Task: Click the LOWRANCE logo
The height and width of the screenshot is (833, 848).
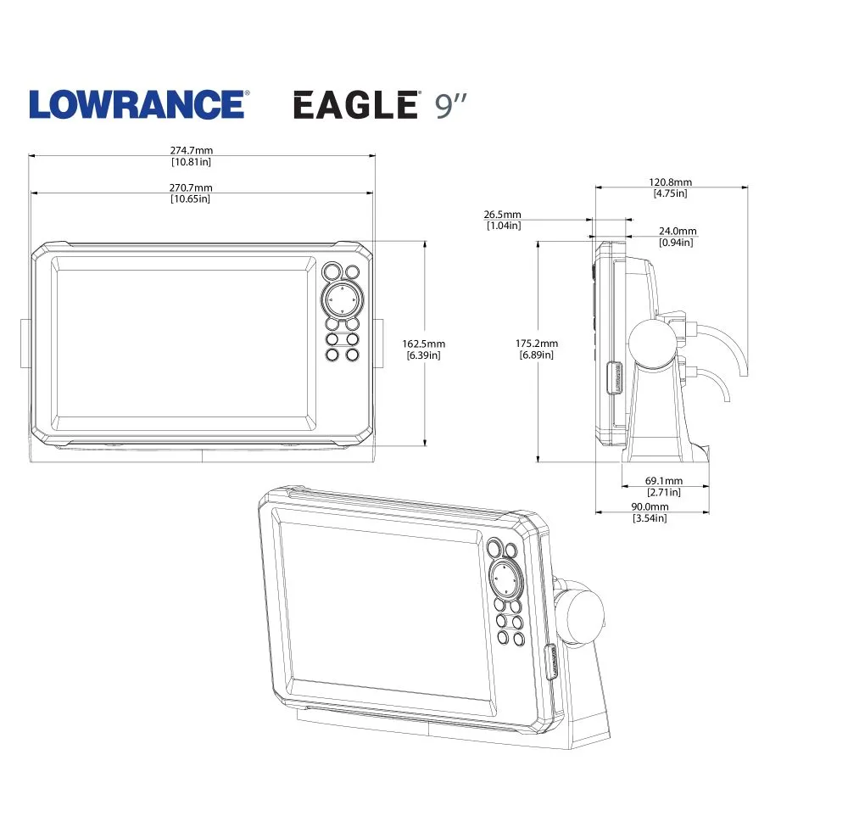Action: click(138, 104)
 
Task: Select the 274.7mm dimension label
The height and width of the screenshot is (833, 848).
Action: click(192, 150)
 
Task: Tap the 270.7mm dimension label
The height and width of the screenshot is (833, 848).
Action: click(192, 187)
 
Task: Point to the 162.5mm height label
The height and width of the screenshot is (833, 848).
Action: click(424, 344)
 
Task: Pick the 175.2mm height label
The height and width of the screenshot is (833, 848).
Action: click(537, 344)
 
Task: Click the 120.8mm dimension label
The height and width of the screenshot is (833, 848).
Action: click(671, 182)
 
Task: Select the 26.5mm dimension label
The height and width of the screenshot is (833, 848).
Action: click(504, 215)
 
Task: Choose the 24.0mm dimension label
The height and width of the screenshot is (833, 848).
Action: click(677, 232)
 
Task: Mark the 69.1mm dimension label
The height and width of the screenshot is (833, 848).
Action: click(664, 481)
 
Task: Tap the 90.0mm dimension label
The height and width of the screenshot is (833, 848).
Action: click(650, 507)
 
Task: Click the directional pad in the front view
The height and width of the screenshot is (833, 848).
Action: click(340, 299)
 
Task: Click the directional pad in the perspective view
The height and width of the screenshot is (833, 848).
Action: click(505, 580)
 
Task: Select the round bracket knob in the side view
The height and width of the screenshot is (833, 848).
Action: click(652, 345)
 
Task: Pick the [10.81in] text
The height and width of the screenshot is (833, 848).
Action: click(192, 161)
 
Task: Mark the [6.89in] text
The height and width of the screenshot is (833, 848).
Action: click(537, 355)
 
